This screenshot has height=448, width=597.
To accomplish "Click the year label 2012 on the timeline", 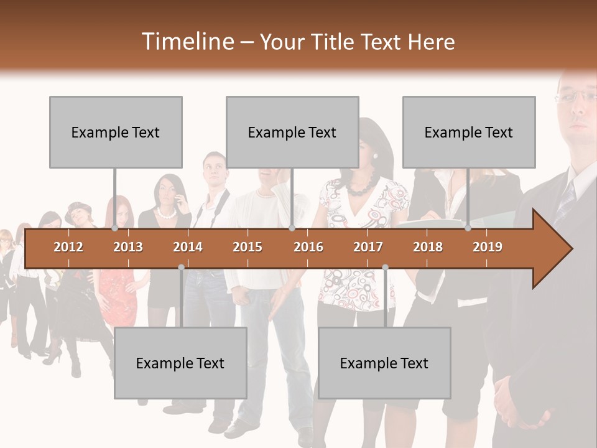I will pos(68,247).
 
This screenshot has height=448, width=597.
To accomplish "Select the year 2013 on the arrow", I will pos(128,247).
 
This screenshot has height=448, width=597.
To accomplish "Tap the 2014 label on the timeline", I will pos(188,247).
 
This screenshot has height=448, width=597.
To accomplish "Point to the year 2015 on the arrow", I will pos(248,247).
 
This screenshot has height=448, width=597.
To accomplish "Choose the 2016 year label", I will pos(308,247).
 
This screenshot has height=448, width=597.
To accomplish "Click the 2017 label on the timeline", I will pos(368,247).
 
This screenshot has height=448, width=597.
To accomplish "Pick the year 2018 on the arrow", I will pos(428,247).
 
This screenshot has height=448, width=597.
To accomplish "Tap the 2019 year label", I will pos(488,247).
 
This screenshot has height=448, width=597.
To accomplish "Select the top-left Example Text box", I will pos(116,132).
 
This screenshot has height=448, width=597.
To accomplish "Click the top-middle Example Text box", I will pos(292,132).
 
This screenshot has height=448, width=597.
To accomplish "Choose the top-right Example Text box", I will pos(469,132).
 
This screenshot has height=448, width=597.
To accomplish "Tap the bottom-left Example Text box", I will pos(180,363).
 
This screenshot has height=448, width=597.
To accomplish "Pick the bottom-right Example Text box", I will pos(384,363).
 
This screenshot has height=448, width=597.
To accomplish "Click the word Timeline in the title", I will pos(187,42).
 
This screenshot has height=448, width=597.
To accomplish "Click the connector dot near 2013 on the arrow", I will pos(115,228).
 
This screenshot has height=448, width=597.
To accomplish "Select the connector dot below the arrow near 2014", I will pos(181,267).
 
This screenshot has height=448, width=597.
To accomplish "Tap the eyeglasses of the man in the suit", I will pos(575,96).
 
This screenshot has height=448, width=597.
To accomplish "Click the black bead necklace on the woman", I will pos(361,185).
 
